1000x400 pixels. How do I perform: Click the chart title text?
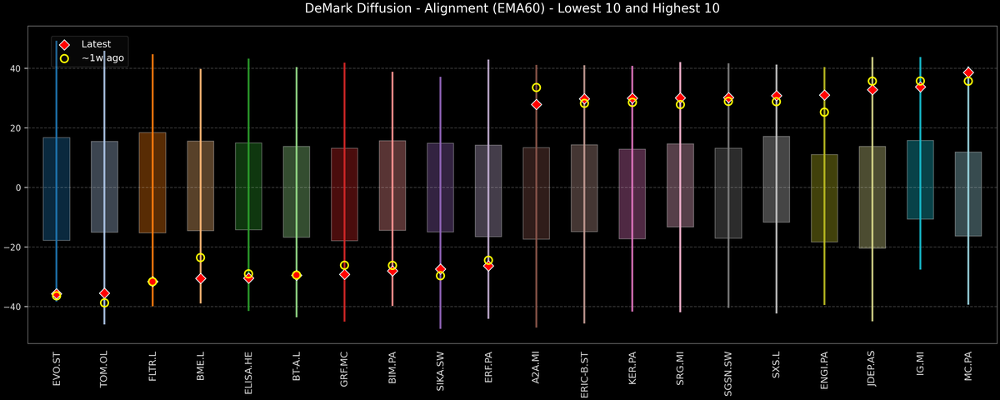tap(500, 9)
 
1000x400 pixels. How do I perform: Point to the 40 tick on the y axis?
tap(15, 68)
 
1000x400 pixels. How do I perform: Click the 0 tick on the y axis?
tap(20, 187)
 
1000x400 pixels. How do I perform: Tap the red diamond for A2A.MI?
tap(537, 105)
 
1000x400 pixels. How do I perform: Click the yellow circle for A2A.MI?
tap(537, 87)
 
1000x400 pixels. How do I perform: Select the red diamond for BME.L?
tap(200, 278)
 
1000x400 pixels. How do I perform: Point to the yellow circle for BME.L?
tap(200, 257)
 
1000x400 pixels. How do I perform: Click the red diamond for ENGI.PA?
tap(824, 96)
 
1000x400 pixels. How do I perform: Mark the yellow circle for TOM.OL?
tap(104, 302)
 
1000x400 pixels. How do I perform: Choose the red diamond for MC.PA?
tap(968, 72)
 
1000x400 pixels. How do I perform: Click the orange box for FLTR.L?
tap(152, 182)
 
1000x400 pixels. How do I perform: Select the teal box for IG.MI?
tap(920, 180)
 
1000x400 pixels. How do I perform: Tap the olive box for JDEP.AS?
tap(872, 197)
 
